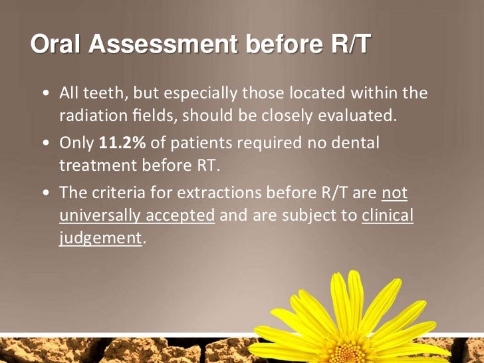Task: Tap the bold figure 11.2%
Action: pyautogui.click(x=122, y=142)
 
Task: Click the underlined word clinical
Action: pyautogui.click(x=388, y=216)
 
